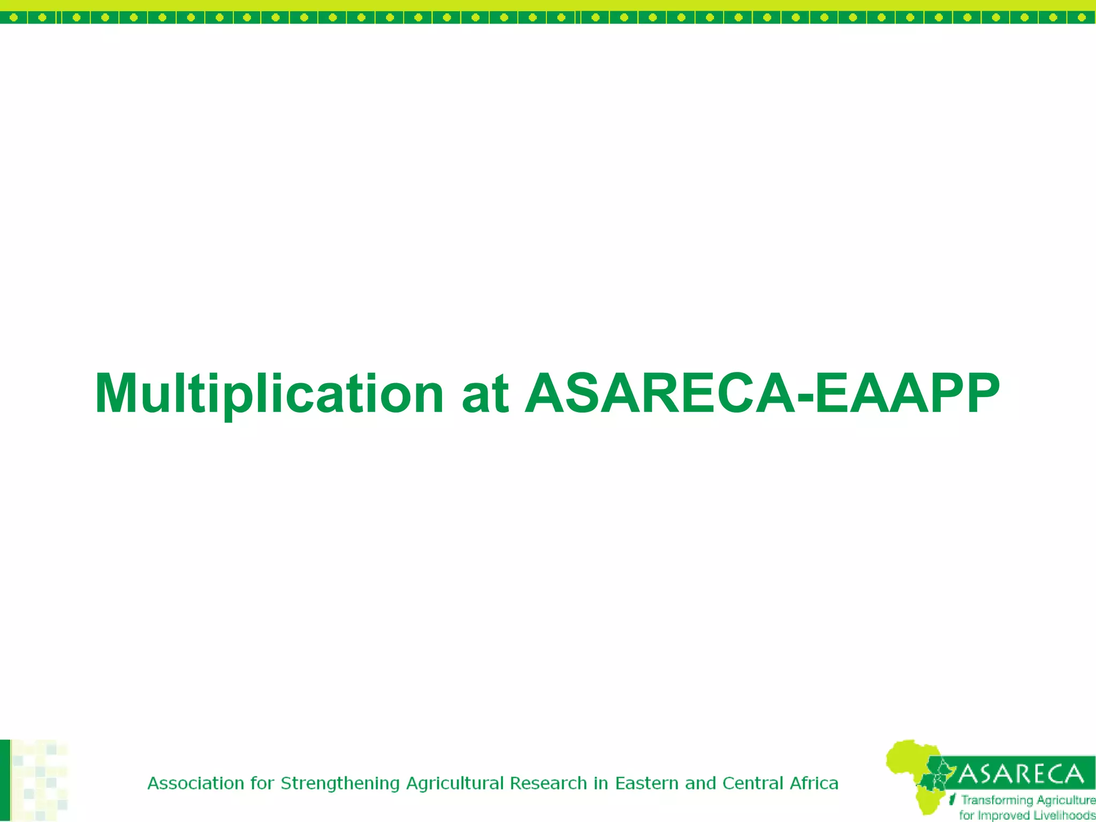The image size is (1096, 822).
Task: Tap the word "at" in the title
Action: [x=485, y=394]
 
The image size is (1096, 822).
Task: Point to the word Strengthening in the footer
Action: [x=340, y=784]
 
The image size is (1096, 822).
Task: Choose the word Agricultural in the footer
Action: [x=455, y=784]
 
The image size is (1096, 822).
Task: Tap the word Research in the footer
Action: [x=548, y=783]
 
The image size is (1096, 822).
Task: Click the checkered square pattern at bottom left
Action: [x=40, y=781]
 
